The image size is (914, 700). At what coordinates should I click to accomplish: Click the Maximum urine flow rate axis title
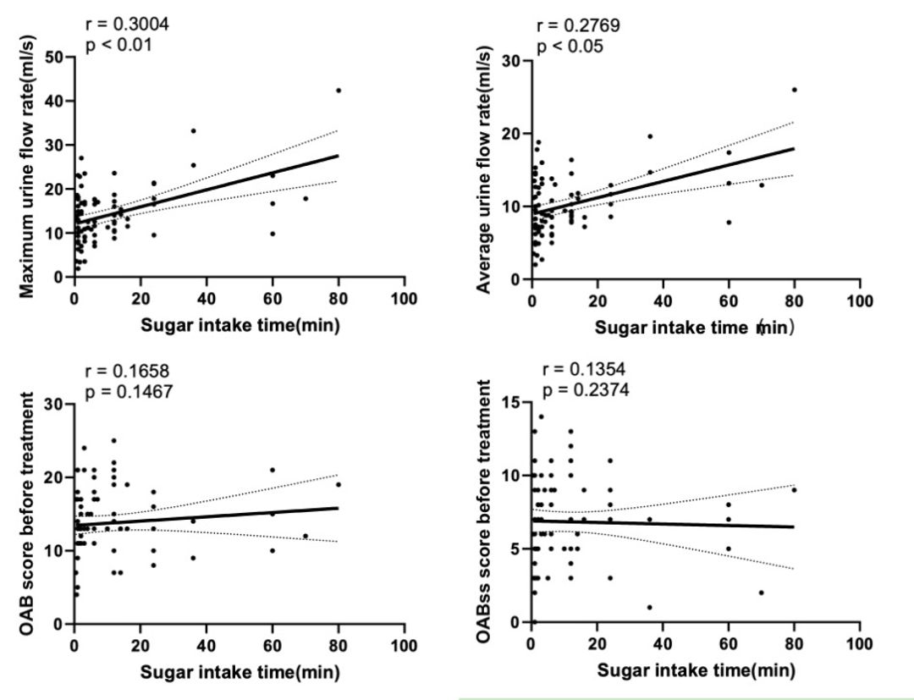[27, 165]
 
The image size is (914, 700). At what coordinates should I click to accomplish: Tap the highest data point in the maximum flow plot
[339, 90]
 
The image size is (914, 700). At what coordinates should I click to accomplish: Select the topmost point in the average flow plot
[795, 90]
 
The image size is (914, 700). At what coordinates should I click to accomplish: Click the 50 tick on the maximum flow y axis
[54, 58]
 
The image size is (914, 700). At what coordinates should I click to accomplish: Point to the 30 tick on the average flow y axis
[510, 61]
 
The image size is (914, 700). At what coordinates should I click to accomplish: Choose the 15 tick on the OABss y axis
[510, 402]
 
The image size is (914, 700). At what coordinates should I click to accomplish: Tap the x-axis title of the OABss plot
[696, 671]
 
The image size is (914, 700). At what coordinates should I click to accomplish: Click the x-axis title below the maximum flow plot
[240, 326]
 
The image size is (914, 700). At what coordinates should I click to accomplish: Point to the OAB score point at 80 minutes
[339, 485]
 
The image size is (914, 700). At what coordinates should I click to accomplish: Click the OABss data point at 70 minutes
[762, 593]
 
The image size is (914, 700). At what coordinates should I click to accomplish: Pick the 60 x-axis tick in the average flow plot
[729, 301]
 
